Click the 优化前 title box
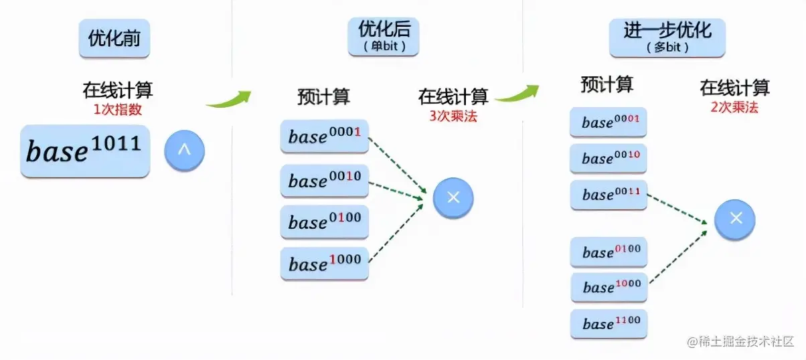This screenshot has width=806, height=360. click(x=114, y=39)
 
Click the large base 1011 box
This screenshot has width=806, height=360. click(x=84, y=151)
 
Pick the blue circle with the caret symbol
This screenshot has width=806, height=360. click(x=184, y=151)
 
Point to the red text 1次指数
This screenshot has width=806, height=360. click(x=117, y=108)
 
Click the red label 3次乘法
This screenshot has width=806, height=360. click(x=453, y=115)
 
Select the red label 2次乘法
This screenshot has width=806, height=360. click(x=735, y=106)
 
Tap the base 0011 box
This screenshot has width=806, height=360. click(x=609, y=195)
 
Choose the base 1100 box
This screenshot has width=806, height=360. click(x=609, y=324)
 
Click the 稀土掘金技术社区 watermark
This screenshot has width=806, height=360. click(x=739, y=341)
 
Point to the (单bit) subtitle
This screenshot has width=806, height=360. click(x=382, y=48)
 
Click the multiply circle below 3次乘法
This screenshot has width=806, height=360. click(x=453, y=197)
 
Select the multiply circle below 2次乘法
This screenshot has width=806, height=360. click(x=735, y=218)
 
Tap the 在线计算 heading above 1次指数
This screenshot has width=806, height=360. click(x=117, y=90)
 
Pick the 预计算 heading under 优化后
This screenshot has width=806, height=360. click(x=323, y=97)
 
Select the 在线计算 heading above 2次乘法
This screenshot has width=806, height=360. click(x=735, y=88)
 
